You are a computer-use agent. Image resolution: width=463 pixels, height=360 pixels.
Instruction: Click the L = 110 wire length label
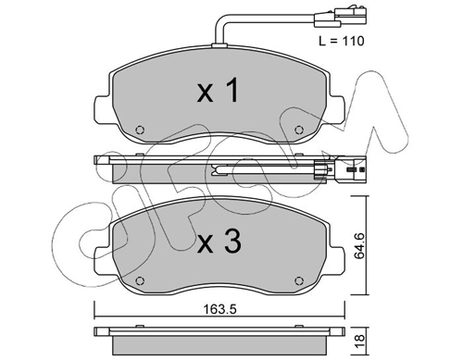click(342, 41)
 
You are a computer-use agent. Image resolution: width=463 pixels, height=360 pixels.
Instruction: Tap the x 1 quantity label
click(218, 90)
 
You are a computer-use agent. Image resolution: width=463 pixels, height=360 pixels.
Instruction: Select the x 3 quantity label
click(219, 242)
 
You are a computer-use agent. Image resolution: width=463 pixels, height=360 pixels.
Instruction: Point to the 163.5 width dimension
click(220, 309)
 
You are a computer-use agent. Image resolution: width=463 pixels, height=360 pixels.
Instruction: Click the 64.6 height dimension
click(360, 246)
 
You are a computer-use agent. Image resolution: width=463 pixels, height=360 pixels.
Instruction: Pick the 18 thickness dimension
click(360, 341)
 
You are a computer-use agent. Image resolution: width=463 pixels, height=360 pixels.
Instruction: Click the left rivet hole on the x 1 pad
click(140, 130)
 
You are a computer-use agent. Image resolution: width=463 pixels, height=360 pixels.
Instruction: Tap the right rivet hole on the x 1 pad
click(298, 130)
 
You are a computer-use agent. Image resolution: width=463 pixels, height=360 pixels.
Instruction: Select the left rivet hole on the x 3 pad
click(140, 280)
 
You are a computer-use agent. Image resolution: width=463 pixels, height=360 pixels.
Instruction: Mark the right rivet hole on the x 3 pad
click(298, 280)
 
